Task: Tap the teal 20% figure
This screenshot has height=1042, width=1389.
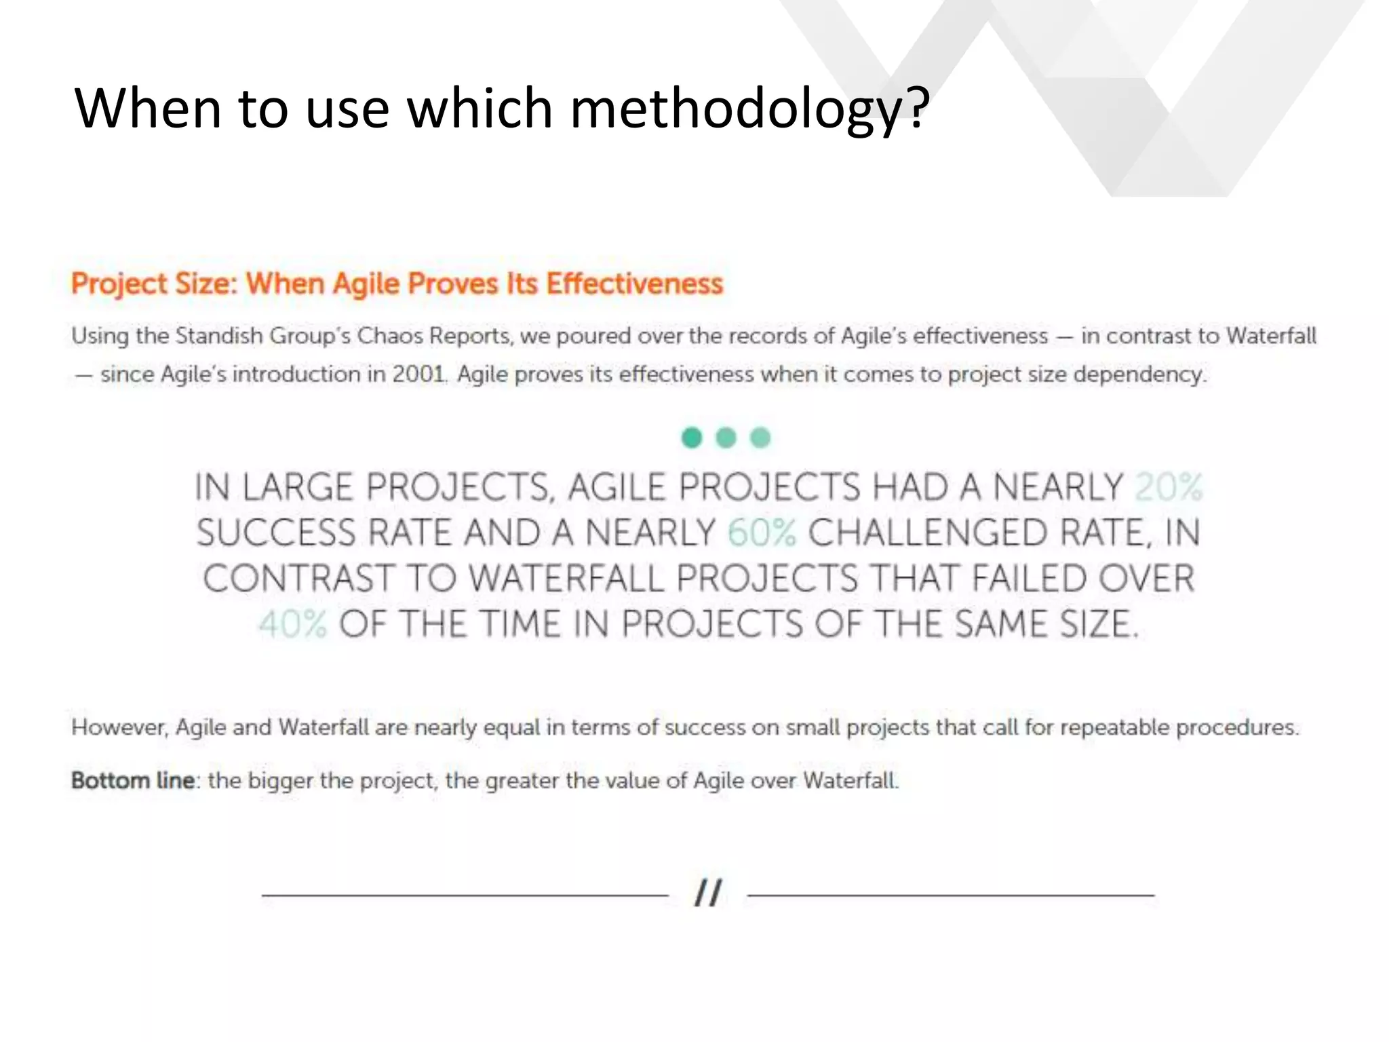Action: [1168, 487]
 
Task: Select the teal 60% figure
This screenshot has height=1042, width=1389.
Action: [762, 533]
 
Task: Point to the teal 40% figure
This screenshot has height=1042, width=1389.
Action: [293, 623]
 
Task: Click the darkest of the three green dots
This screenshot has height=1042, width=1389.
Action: [691, 438]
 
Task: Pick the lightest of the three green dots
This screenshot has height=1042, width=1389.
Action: [760, 438]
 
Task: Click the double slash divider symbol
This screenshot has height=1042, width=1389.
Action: [707, 893]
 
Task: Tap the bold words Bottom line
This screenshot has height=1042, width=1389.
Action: [134, 781]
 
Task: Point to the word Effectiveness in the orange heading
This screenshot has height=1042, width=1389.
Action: [635, 284]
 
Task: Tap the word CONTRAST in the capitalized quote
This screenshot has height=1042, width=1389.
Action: [298, 579]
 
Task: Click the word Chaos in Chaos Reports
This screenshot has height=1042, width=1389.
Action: [389, 336]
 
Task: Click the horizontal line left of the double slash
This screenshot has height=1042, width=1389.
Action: [465, 895]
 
